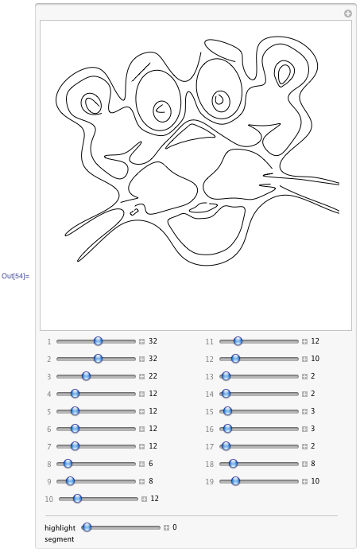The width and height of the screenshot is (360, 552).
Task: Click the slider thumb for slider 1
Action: (98, 340)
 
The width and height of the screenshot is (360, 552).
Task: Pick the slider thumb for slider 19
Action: (235, 481)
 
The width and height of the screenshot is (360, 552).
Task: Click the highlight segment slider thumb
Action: (87, 527)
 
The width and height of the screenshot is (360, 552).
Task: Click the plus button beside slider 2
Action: (142, 359)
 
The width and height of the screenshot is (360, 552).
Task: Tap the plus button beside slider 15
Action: (304, 411)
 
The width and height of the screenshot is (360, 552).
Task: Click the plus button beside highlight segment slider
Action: (167, 527)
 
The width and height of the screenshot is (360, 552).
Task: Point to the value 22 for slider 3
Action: (153, 376)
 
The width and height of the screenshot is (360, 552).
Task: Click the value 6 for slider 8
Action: (150, 464)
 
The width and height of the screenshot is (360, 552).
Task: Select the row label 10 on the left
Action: (49, 500)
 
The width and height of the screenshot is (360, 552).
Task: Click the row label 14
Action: (210, 394)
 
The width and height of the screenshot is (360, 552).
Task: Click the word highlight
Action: (60, 527)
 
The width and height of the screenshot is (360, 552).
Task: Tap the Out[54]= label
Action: (15, 276)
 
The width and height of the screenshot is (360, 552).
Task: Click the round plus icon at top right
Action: (347, 14)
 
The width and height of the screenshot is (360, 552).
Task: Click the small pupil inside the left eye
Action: (161, 107)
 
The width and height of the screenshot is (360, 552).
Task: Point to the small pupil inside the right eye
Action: (219, 99)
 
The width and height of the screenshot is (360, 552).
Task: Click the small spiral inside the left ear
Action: (92, 103)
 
